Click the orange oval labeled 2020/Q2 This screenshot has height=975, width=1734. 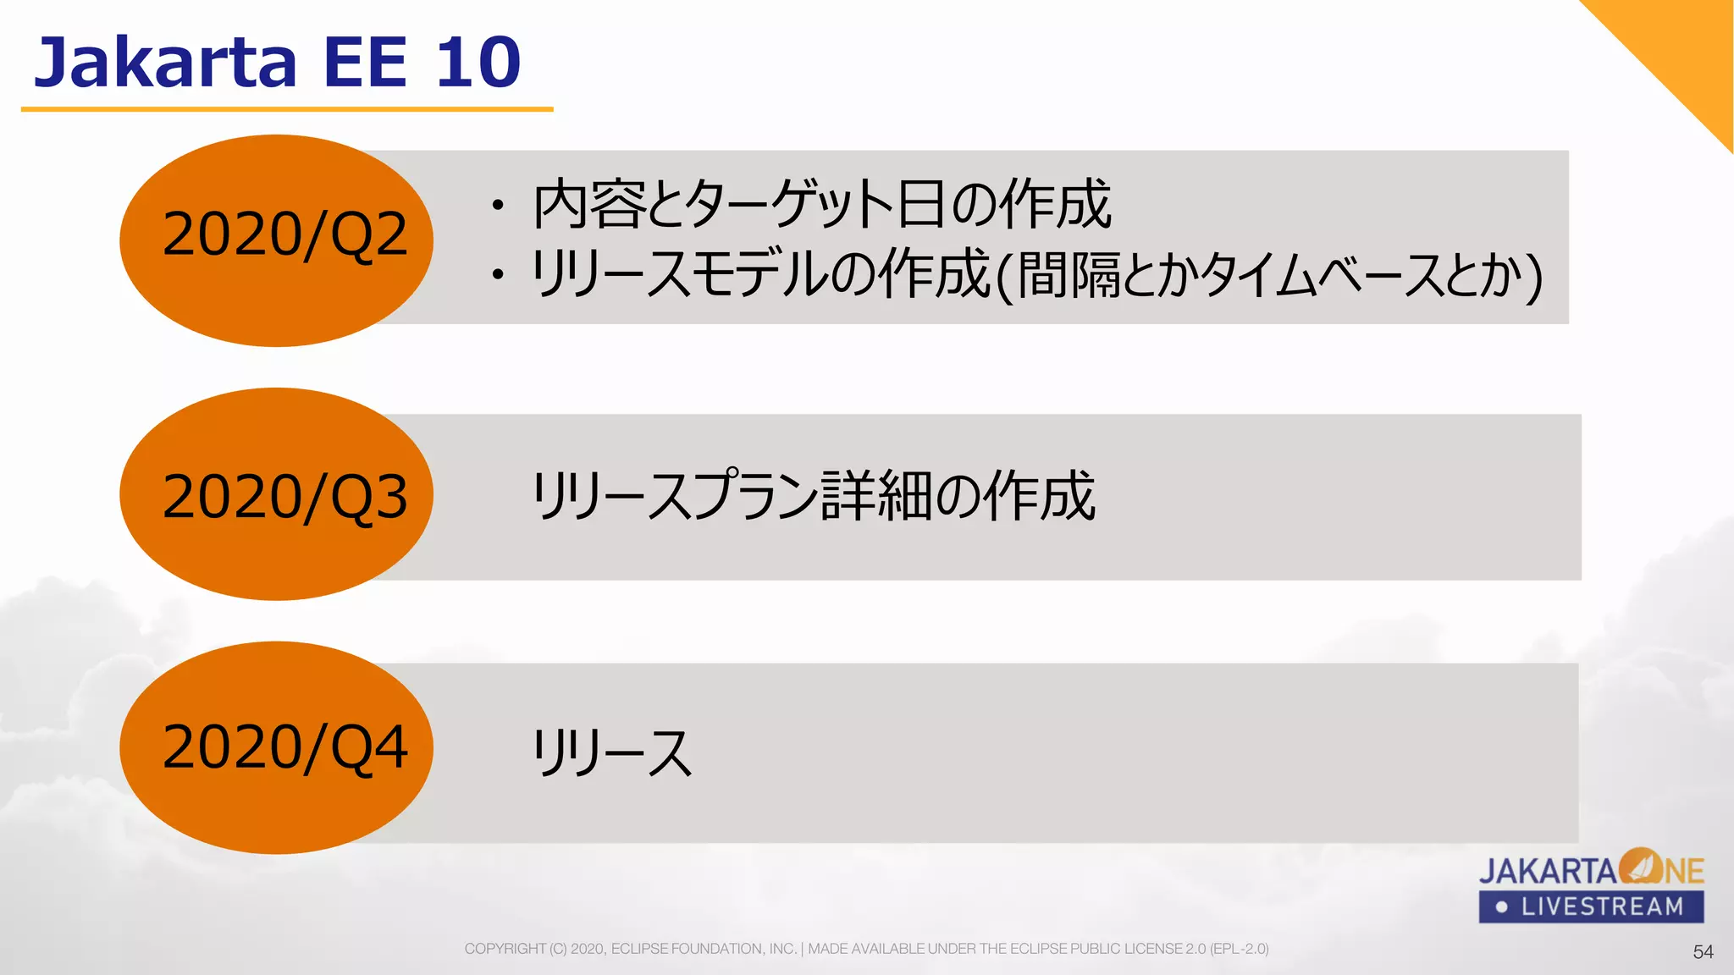pyautogui.click(x=276, y=240)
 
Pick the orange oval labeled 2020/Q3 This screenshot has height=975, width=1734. pyautogui.click(x=276, y=494)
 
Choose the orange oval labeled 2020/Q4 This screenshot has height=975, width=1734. pyautogui.click(x=276, y=747)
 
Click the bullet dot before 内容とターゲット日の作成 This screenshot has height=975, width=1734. pyautogui.click(x=498, y=206)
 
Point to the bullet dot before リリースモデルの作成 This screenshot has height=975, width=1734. pyautogui.click(x=498, y=274)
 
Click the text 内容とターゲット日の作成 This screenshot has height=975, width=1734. pyautogui.click(x=821, y=205)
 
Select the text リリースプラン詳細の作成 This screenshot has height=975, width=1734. pyautogui.click(x=813, y=496)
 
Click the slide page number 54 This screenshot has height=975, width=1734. pyautogui.click(x=1703, y=952)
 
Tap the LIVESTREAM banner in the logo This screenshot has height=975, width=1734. pyautogui.click(x=1591, y=906)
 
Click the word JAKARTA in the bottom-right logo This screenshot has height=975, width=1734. pyautogui.click(x=1547, y=871)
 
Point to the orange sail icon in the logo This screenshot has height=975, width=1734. pyautogui.click(x=1640, y=866)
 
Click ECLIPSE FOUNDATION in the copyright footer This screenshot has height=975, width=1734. pyautogui.click(x=704, y=949)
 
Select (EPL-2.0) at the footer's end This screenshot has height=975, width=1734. pyautogui.click(x=1239, y=949)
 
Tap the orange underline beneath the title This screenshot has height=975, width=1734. pyautogui.click(x=287, y=109)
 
